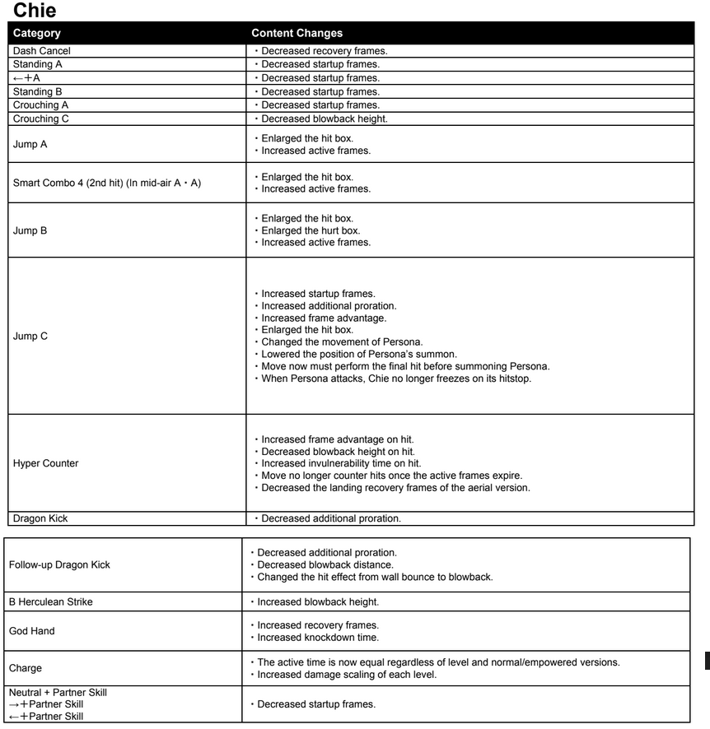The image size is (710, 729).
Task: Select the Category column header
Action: (x=36, y=34)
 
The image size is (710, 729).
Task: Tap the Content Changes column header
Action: (x=297, y=34)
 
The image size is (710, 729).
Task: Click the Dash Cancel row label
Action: (x=42, y=51)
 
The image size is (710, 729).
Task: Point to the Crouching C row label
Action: (x=41, y=118)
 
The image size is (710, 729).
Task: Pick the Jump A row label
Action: (x=30, y=144)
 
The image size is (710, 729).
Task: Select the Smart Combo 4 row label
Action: (x=107, y=183)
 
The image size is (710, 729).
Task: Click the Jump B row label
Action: (x=30, y=230)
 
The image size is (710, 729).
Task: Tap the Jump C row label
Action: (x=30, y=336)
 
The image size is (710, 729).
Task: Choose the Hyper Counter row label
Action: (x=46, y=463)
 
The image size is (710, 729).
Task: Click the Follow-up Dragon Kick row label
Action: (x=59, y=564)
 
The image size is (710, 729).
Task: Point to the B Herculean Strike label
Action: (x=51, y=601)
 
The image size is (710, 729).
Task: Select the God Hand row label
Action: (x=32, y=631)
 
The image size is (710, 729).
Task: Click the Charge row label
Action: (x=26, y=668)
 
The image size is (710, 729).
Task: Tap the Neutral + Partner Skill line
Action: (x=58, y=692)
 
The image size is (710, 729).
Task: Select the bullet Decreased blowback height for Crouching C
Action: (x=325, y=118)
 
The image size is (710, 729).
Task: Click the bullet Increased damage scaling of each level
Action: (x=347, y=675)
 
